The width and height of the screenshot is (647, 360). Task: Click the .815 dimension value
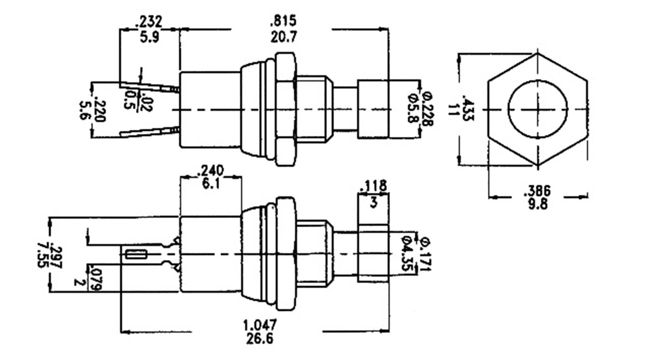283,21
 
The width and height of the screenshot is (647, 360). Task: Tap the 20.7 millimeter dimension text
283,36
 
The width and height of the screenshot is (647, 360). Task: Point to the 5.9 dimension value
149,37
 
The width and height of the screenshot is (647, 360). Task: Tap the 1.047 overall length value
260,324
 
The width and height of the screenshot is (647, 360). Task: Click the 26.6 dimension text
260,339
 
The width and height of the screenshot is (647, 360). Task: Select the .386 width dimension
538,191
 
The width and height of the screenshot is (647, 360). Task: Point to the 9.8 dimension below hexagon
538,204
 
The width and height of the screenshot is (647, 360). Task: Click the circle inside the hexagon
537,109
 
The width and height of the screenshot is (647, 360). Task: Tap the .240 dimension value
211,171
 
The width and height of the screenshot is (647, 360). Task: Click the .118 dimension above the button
373,186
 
